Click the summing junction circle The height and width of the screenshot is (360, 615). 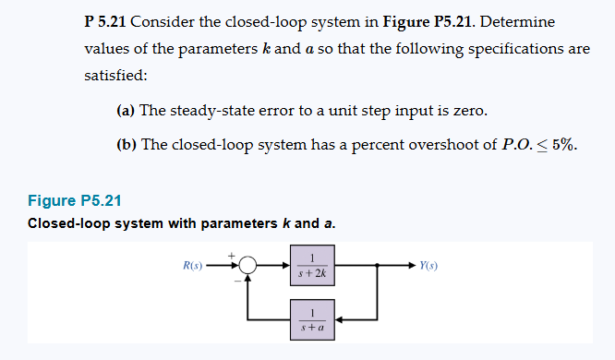(247, 266)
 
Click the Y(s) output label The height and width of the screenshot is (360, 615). (428, 266)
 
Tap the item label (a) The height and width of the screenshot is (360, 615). (127, 112)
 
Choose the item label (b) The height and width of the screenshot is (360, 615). (127, 145)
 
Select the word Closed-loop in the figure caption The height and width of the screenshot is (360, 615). (67, 223)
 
